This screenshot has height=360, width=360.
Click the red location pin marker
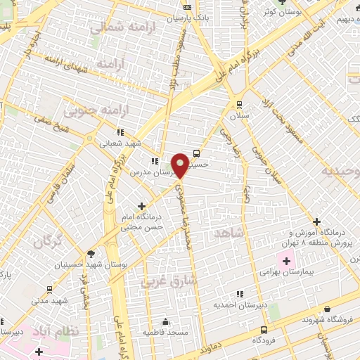(x=180, y=165)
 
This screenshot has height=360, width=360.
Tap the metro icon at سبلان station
(x=239, y=102)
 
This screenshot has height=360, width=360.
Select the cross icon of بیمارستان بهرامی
(x=286, y=261)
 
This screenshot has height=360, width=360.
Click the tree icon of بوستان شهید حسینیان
(x=91, y=254)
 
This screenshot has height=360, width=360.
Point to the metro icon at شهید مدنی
(x=49, y=289)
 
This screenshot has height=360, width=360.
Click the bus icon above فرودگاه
(x=264, y=329)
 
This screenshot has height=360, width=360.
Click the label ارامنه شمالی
(x=117, y=27)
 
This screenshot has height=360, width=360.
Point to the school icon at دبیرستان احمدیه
(x=239, y=294)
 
